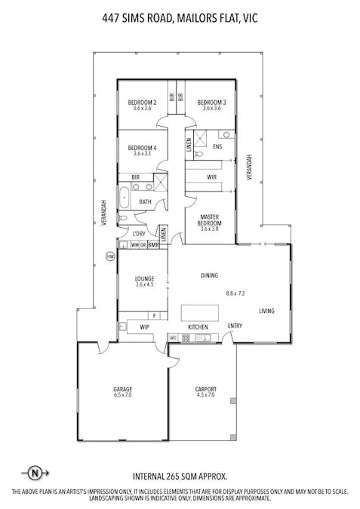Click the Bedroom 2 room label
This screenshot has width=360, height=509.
[142, 102]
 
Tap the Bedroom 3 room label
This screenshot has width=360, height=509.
[212, 102]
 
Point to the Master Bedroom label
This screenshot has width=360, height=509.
[210, 219]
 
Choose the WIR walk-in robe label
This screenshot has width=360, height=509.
[212, 177]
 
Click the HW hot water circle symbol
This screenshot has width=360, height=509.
[110, 256]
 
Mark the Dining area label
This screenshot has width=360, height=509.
[210, 275]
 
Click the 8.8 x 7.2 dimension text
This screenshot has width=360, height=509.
[237, 293]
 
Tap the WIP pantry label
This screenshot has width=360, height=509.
[144, 327]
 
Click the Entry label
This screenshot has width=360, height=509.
[235, 326]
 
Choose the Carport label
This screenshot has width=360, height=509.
[206, 389]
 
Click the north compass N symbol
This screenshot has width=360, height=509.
[35, 474]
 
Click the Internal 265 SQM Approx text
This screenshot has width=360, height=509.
[179, 477]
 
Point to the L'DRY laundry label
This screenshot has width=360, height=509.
[139, 233]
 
